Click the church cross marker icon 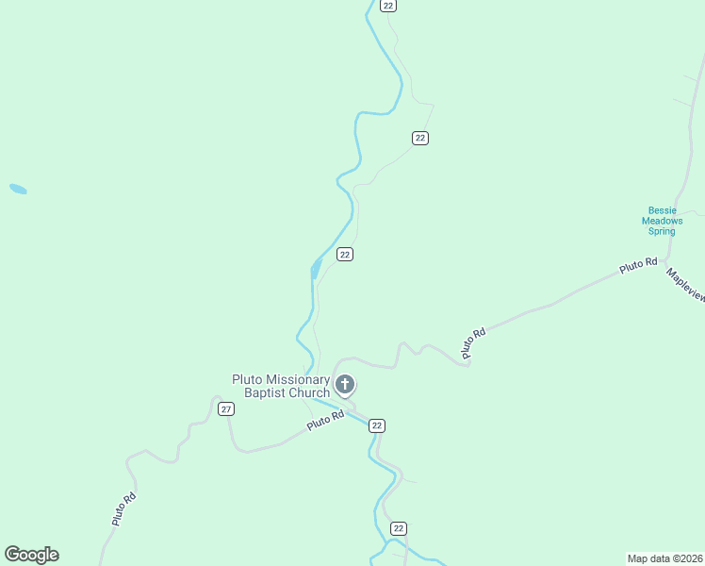(345, 384)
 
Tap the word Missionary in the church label (294, 379)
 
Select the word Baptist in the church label (271, 392)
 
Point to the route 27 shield (225, 408)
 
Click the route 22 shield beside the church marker (377, 425)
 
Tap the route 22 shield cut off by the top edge (387, 6)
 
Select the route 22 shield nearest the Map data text (399, 528)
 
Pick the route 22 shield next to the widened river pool (345, 255)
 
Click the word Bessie (663, 210)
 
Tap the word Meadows (663, 221)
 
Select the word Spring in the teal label (663, 231)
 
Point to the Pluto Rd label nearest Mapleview (637, 266)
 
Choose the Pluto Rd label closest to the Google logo (123, 508)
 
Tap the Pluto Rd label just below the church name (325, 421)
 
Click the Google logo (31, 555)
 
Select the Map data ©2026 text (664, 558)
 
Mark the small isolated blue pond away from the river (18, 189)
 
